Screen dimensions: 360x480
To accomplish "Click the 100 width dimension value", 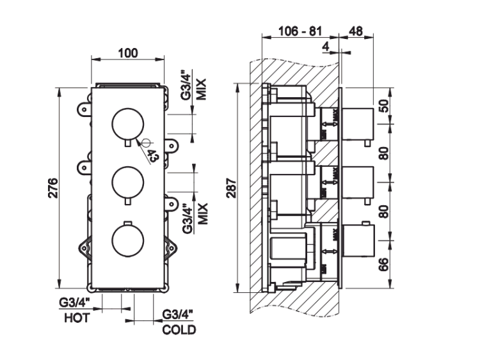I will (129, 53).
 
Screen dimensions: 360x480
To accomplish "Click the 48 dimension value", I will (357, 31).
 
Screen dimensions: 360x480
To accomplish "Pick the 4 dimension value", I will (326, 46).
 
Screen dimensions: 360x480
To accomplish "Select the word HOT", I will (77, 317).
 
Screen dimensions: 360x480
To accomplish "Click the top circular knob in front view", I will (127, 123).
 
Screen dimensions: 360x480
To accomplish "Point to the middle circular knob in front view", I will (127, 182).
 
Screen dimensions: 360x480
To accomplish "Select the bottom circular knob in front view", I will (127, 239).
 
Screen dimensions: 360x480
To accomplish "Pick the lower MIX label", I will (201, 212).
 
